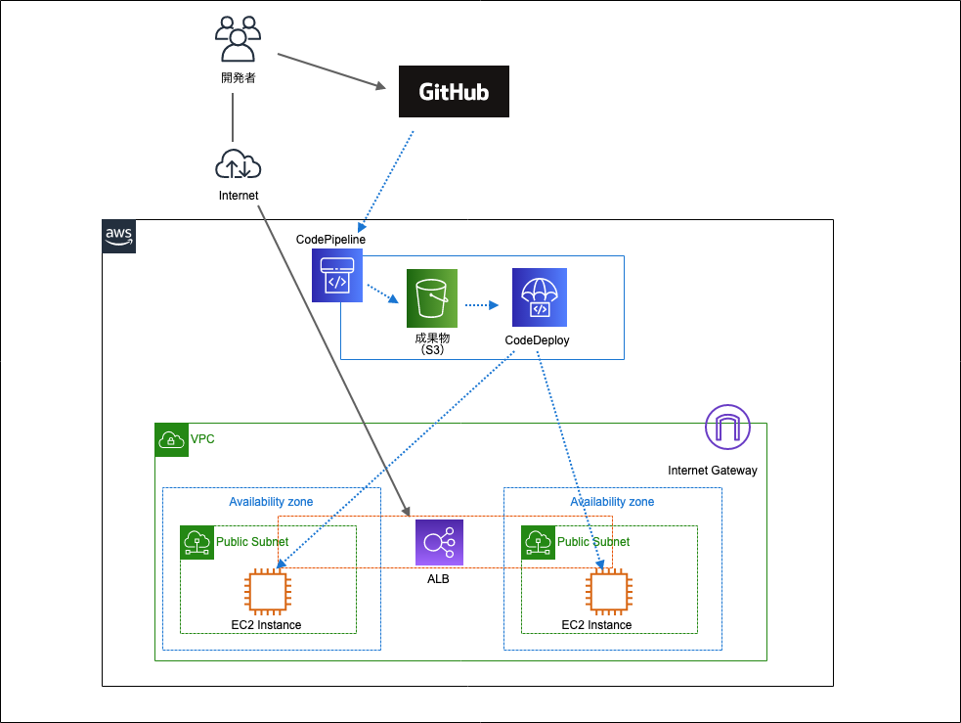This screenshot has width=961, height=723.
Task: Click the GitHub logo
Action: [455, 92]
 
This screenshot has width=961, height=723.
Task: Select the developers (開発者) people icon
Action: [238, 41]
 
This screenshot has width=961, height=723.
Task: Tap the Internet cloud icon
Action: [238, 164]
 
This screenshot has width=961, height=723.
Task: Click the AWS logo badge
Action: [119, 237]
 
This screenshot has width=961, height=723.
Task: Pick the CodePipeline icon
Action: [336, 275]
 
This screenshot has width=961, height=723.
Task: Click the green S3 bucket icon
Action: [432, 298]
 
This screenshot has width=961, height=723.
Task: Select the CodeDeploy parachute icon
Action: [539, 297]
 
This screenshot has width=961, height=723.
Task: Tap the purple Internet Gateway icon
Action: [727, 428]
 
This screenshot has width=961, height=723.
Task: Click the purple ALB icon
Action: [439, 543]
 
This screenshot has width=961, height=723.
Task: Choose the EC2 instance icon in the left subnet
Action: [267, 593]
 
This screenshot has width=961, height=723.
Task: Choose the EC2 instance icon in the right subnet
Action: [607, 593]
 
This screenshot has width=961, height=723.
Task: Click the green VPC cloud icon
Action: [172, 440]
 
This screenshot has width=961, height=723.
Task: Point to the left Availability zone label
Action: [271, 502]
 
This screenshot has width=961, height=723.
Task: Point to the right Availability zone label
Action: [612, 502]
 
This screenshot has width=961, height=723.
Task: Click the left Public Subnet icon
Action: [197, 542]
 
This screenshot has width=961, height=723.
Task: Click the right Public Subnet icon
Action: [538, 542]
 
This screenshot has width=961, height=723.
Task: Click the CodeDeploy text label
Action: [537, 340]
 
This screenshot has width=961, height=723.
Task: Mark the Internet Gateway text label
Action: [712, 471]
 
